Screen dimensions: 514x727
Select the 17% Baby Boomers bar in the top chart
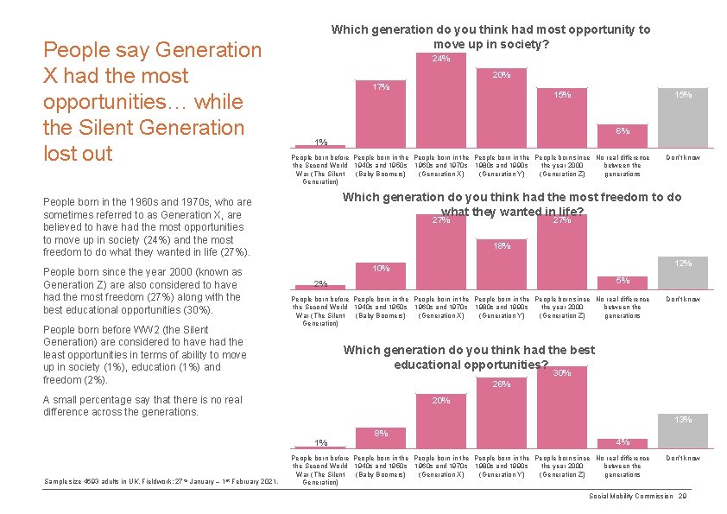pos(381,116)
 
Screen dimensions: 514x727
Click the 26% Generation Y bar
pos(502,415)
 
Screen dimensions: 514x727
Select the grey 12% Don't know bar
pos(683,276)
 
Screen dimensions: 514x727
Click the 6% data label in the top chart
pos(623,131)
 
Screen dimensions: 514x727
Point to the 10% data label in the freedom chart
pos(381,269)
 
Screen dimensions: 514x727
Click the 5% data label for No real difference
pos(623,281)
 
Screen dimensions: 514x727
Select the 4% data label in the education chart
pos(623,442)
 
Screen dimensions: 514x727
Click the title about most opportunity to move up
pos(491,36)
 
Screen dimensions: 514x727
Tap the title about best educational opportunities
pos(469,357)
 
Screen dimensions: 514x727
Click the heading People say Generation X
pos(152,102)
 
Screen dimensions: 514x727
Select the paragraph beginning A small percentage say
pos(142,406)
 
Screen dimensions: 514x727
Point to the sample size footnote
pos(161,481)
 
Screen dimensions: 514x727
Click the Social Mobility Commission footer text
pos(630,496)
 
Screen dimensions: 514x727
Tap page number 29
pos(682,496)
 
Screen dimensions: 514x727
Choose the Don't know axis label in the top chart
pos(683,158)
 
